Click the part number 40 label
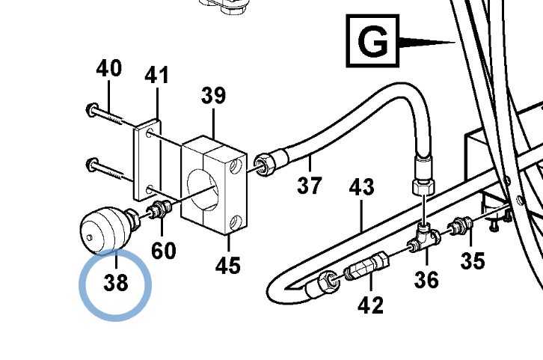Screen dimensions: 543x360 108,68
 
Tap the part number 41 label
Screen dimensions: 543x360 156,75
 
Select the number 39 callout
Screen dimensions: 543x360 213,95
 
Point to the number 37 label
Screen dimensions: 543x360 310,186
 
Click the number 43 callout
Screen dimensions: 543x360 361,187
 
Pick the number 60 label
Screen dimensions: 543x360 164,251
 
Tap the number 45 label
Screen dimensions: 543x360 228,266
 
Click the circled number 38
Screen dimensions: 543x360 116,283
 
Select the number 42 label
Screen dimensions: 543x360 370,305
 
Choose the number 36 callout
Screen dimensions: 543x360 426,280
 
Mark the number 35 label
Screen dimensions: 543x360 473,260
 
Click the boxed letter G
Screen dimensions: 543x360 372,41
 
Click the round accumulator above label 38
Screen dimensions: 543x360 105,230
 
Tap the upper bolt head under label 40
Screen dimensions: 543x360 92,109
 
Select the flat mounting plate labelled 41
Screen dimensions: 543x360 147,159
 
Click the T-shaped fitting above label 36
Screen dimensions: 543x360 424,238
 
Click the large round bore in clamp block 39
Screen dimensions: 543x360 203,189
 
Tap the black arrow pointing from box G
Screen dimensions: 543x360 427,42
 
